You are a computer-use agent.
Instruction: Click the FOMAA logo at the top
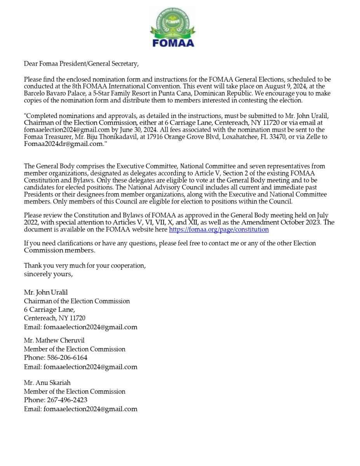[x=173, y=28]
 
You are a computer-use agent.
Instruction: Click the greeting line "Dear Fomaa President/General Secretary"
[x=81, y=64]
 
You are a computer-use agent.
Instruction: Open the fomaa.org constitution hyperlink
[x=219, y=230]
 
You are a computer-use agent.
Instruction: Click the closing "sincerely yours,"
[x=48, y=274]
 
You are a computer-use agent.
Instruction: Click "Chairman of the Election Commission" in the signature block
[x=77, y=301]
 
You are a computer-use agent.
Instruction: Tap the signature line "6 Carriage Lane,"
[x=49, y=310]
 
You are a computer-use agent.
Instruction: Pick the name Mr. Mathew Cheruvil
[x=54, y=341]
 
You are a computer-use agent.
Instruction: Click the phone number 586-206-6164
[x=67, y=358]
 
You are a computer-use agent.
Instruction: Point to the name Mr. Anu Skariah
[x=47, y=383]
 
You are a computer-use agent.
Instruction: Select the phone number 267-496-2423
[x=67, y=400]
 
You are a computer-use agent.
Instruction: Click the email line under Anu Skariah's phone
[x=80, y=409]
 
